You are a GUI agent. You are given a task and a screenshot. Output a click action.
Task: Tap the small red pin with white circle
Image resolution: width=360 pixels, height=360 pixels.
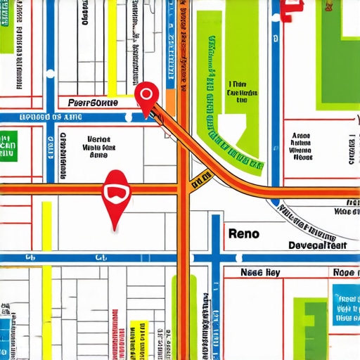pos(146,97)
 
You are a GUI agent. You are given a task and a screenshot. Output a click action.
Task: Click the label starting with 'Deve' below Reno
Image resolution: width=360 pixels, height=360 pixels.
pos(318,245)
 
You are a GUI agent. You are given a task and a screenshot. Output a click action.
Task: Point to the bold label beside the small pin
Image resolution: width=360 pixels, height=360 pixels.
pos(94,103)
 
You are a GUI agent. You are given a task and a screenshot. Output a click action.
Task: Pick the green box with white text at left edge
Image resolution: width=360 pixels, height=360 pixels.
pos(8,145)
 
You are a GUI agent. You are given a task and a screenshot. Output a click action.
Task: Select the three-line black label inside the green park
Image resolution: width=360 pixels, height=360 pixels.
pos(237,91)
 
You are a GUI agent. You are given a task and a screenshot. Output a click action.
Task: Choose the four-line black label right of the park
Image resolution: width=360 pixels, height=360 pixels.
pos(301,145)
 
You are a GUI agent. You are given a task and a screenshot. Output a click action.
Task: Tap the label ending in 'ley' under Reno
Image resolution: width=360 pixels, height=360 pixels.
pos(261,272)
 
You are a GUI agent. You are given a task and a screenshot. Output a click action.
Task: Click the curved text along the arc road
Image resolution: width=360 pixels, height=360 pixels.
pos(309,224)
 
